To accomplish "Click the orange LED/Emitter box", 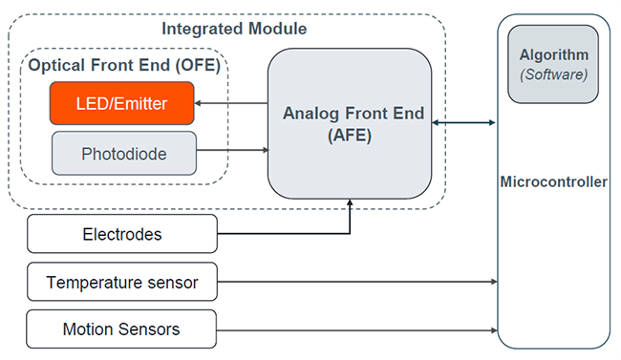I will [x=122, y=103].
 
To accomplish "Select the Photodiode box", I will [x=123, y=153].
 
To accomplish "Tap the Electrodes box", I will [x=122, y=234].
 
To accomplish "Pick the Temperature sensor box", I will [x=122, y=282].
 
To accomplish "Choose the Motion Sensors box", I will [x=122, y=329].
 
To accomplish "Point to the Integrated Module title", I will [x=234, y=28].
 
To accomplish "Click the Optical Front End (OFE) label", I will [x=124, y=67].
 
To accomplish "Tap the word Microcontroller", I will [x=554, y=181].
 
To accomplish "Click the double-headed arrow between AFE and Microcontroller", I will [x=464, y=122].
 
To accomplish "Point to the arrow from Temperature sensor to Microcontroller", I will [x=358, y=282].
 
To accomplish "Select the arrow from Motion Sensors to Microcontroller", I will [x=358, y=329].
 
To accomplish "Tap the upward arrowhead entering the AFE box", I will [x=350, y=202].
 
